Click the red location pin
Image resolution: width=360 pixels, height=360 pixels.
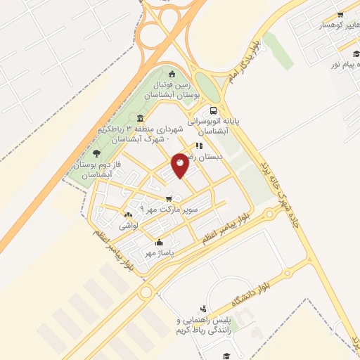(x=180, y=165)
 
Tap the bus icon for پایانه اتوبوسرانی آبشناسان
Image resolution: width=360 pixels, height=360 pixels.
(x=212, y=110)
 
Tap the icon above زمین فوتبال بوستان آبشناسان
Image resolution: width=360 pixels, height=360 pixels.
(x=173, y=73)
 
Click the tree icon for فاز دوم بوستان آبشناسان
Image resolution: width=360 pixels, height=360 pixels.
(x=96, y=153)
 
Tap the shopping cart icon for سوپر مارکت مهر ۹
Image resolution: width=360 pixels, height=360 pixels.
(x=148, y=198)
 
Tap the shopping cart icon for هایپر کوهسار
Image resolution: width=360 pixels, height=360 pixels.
(x=340, y=14)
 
